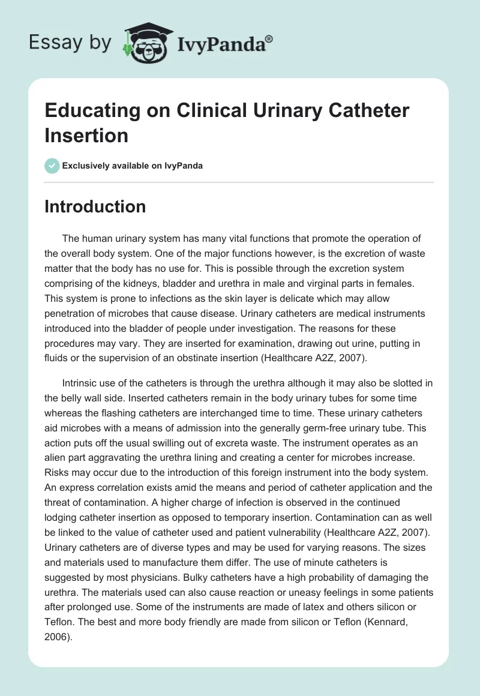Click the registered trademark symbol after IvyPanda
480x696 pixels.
pyautogui.click(x=269, y=39)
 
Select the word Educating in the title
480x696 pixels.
pyautogui.click(x=89, y=110)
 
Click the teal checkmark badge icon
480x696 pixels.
pyautogui.click(x=52, y=166)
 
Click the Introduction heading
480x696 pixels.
pyautogui.click(x=95, y=206)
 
